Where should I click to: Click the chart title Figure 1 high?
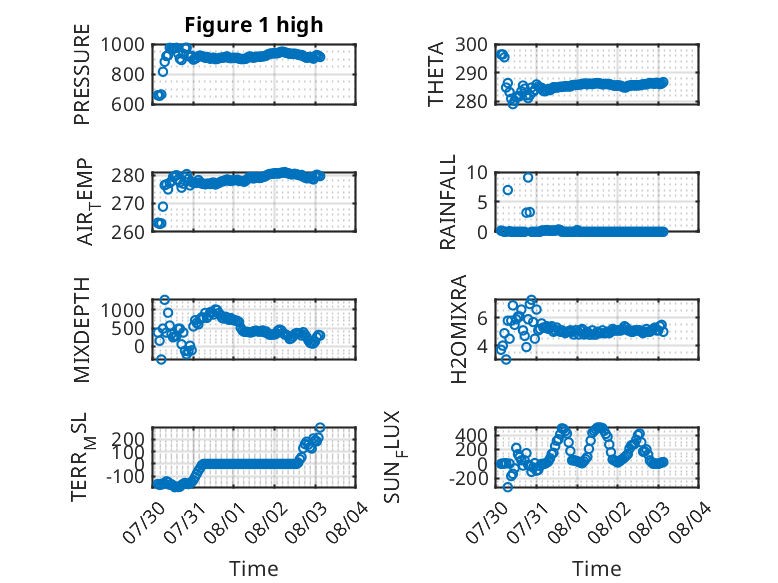(254, 25)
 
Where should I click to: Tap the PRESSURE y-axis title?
(82, 74)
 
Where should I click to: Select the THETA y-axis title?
(436, 74)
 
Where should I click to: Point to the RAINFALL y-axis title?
(448, 202)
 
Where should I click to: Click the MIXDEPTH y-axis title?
(82, 330)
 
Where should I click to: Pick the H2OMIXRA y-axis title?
(459, 329)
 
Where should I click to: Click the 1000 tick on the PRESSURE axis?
(123, 45)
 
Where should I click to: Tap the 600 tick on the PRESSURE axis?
(128, 104)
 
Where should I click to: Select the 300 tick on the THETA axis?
(472, 45)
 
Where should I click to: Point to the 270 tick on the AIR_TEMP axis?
(128, 203)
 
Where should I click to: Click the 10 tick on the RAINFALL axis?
(477, 173)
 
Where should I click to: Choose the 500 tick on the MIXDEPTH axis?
(128, 328)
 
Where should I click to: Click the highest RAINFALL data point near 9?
(528, 178)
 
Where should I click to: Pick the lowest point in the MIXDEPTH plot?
(161, 359)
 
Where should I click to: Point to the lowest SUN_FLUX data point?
(507, 487)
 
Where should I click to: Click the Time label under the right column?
(597, 569)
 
